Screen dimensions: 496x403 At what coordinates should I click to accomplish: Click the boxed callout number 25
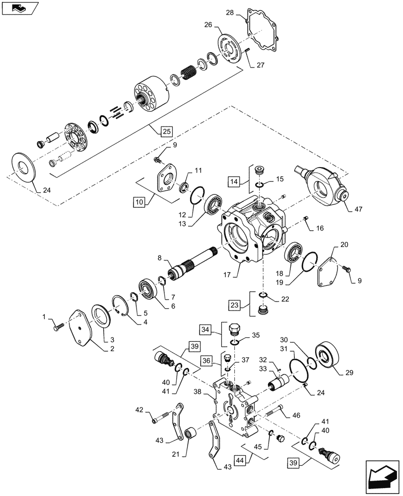click(x=166, y=131)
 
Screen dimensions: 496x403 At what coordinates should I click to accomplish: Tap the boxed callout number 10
click(x=139, y=202)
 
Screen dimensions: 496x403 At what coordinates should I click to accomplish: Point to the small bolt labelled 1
click(x=57, y=326)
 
